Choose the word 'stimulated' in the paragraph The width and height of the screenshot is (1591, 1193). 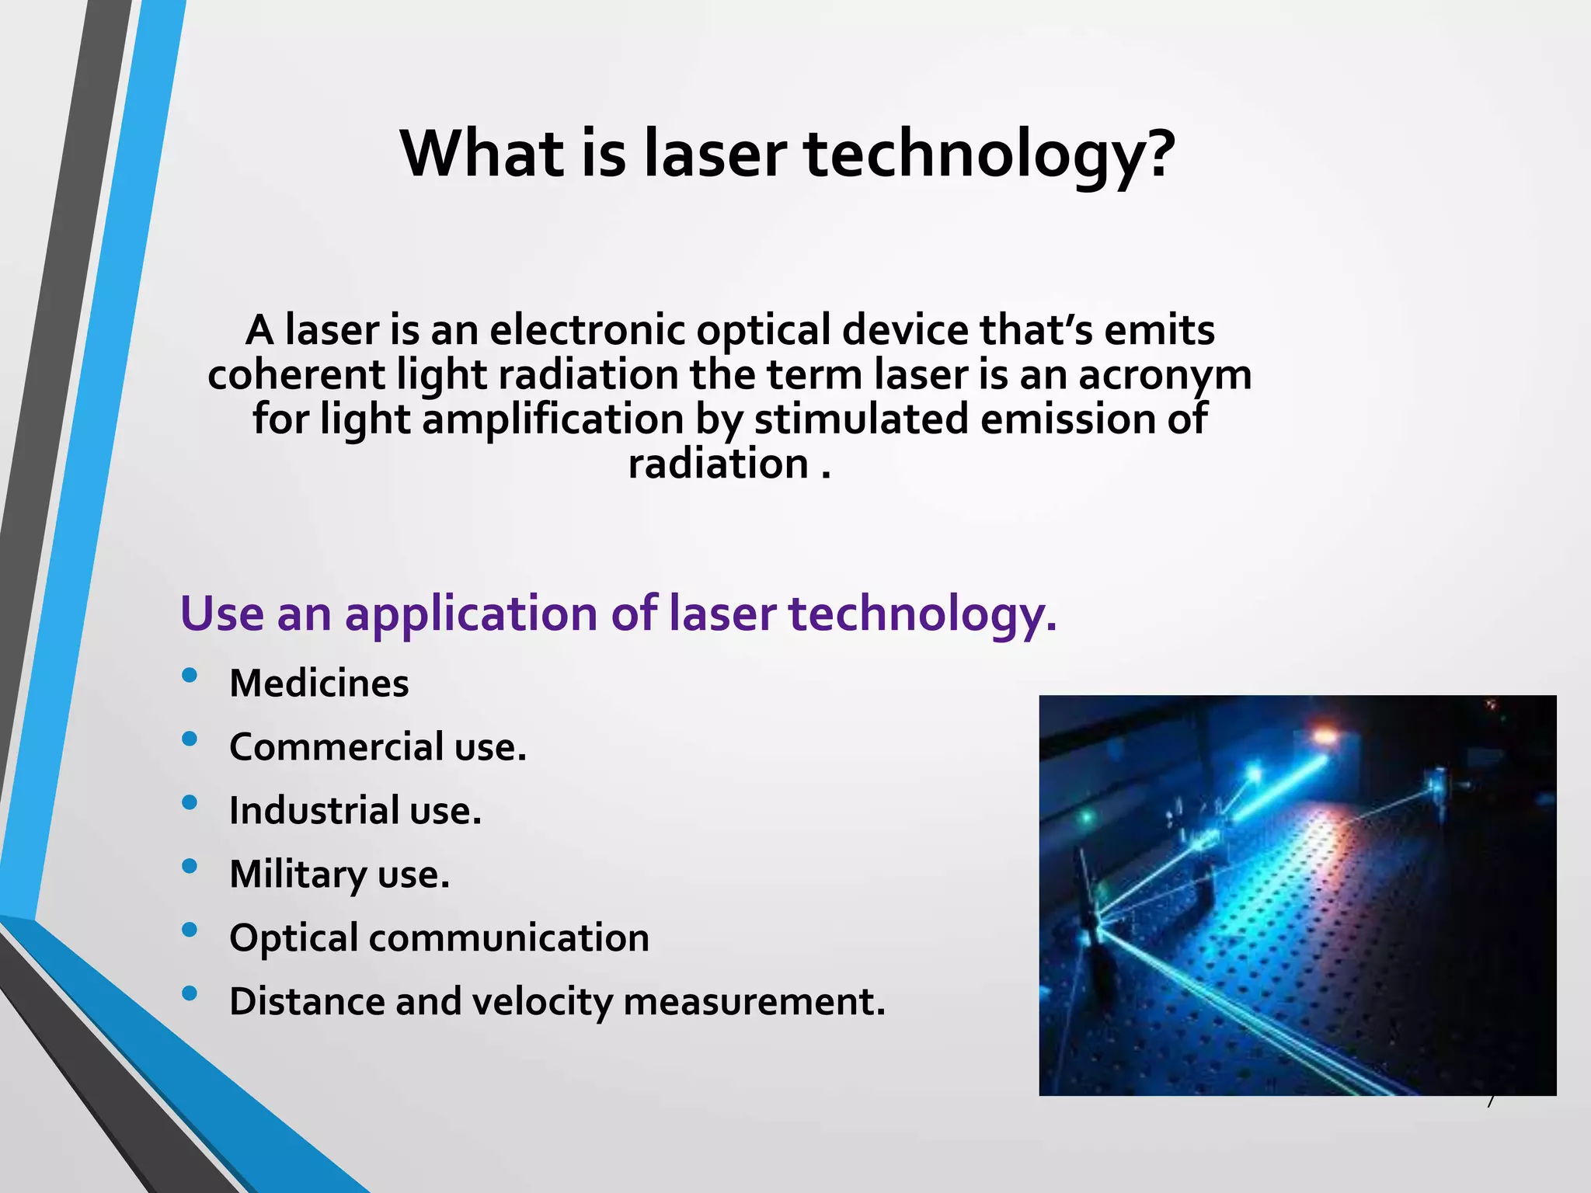[862, 419]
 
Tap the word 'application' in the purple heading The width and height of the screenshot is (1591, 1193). [471, 614]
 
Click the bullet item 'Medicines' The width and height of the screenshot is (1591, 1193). [319, 683]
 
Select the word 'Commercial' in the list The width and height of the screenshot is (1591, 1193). [336, 747]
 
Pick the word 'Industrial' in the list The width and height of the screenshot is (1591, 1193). [314, 811]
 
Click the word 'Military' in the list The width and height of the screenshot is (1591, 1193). [298, 875]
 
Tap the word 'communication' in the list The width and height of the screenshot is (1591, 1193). [509, 937]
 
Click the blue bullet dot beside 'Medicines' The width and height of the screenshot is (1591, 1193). [189, 675]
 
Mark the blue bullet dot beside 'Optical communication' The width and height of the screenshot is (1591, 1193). [189, 930]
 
